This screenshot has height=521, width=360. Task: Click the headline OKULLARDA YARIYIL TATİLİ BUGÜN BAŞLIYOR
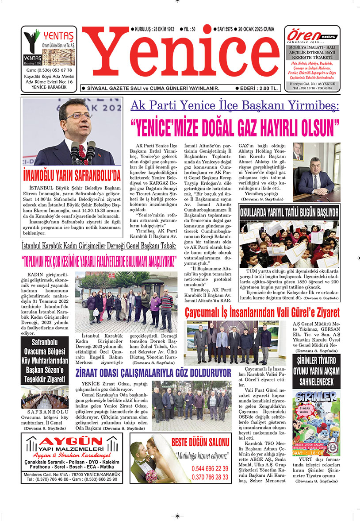(289, 212)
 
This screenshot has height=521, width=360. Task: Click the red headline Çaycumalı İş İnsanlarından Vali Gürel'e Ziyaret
(262, 313)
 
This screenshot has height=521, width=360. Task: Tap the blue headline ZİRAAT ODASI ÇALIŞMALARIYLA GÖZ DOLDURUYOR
(153, 372)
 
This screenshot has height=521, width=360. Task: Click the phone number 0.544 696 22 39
(210, 468)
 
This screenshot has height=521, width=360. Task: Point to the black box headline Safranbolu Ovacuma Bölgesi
(45, 360)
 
